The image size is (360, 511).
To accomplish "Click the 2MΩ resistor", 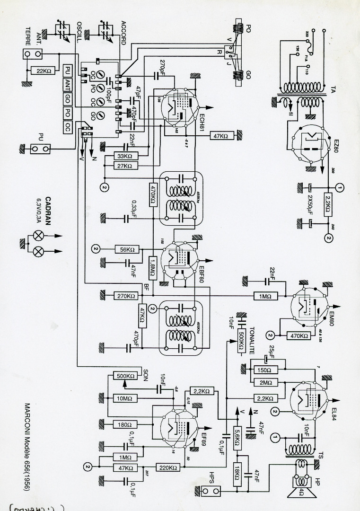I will [x=262, y=382].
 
